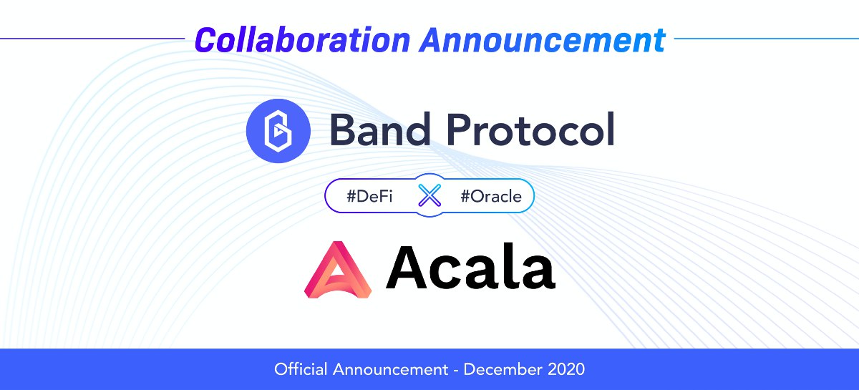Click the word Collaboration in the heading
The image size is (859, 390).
tap(303, 39)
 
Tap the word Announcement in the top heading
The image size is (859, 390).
tap(543, 39)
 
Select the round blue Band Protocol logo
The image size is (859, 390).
tap(278, 131)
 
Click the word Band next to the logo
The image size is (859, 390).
tap(380, 130)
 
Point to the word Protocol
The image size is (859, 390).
tap(530, 130)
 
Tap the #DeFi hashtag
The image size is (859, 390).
tap(369, 196)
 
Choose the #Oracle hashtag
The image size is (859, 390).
tap(491, 196)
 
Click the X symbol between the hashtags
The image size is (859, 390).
tap(429, 195)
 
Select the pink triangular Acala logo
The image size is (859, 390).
tap(338, 270)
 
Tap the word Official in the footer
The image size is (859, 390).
tap(301, 369)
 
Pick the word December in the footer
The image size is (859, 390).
tap(503, 369)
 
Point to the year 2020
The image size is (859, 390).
tap(566, 369)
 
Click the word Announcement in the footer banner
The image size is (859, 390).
tap(390, 369)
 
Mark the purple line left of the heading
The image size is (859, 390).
tap(92, 39)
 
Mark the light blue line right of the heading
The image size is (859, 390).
tap(767, 39)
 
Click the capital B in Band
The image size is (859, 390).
tap(343, 130)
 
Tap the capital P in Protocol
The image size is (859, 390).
tap(460, 130)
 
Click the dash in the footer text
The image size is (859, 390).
tap(455, 371)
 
